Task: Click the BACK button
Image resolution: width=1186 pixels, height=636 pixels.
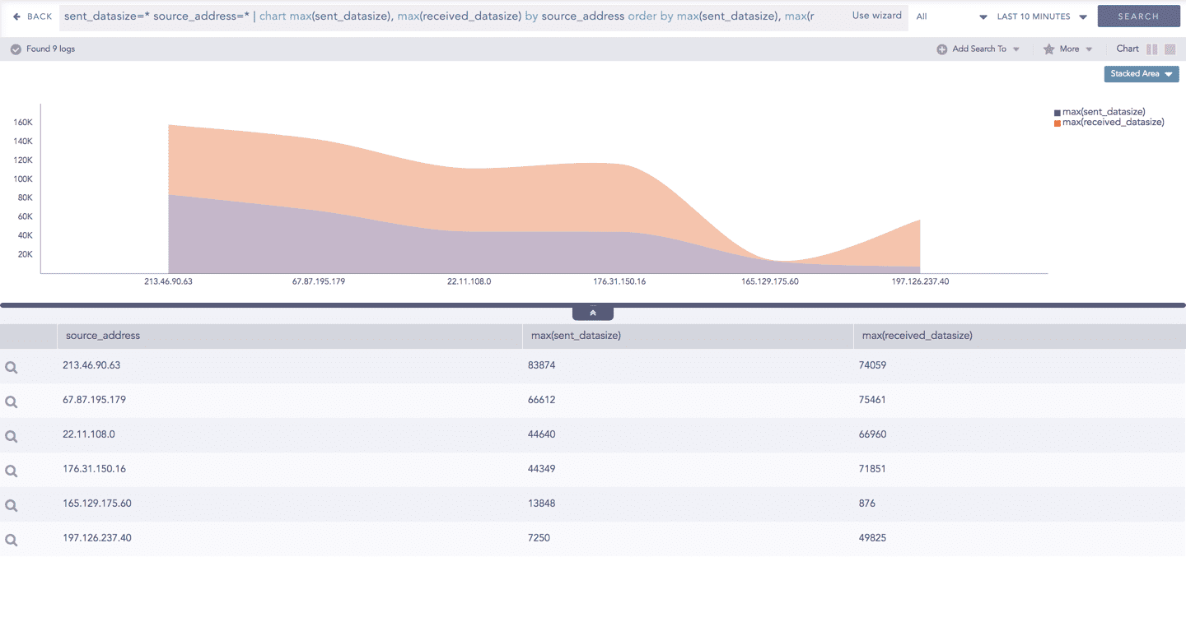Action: [33, 16]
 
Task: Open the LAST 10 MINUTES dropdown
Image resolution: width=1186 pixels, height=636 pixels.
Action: [1041, 16]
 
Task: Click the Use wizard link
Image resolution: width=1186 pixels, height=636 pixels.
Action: [876, 16]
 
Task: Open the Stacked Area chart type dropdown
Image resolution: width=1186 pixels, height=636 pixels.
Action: [1141, 74]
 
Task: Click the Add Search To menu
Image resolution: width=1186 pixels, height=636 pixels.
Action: [978, 49]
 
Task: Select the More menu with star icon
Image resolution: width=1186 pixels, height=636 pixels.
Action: [1067, 49]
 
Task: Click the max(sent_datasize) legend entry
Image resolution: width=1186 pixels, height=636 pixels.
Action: [1103, 112]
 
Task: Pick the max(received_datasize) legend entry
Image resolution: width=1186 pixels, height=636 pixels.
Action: [1112, 123]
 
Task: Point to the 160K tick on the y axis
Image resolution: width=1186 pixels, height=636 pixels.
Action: [23, 123]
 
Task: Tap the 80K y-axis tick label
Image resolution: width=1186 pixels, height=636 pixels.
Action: [25, 198]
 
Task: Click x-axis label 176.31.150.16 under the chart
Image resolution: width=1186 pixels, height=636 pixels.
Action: [619, 281]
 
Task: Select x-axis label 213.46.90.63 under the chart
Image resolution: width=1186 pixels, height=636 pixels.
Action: [168, 281]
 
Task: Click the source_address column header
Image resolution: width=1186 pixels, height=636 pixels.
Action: [103, 336]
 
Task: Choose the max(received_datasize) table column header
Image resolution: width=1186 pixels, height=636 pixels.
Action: [917, 336]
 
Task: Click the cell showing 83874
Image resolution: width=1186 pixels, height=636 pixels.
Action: [541, 365]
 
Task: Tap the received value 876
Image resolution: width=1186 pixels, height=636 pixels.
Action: [866, 504]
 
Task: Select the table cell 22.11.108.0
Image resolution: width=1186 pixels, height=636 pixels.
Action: [89, 434]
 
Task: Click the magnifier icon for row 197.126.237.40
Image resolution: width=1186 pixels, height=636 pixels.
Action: [12, 541]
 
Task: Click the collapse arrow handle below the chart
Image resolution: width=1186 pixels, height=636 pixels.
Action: [593, 313]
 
